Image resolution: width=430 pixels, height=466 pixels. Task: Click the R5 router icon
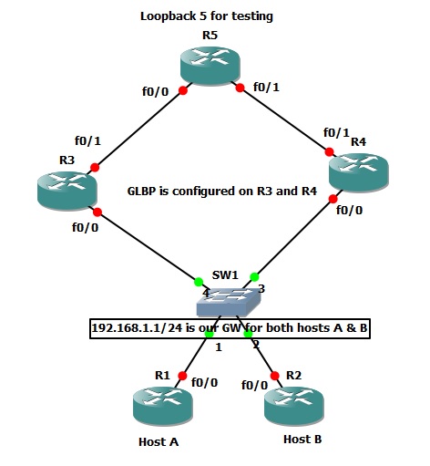[210, 69]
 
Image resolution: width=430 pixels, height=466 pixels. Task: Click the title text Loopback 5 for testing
[207, 16]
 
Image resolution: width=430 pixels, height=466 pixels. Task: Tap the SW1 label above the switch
[225, 274]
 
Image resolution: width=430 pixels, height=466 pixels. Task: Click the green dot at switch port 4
[198, 280]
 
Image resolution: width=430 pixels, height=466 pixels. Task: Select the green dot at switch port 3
[255, 277]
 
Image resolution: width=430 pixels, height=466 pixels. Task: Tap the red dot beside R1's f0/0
[183, 375]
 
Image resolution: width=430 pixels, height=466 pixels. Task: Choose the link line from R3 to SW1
[146, 245]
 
